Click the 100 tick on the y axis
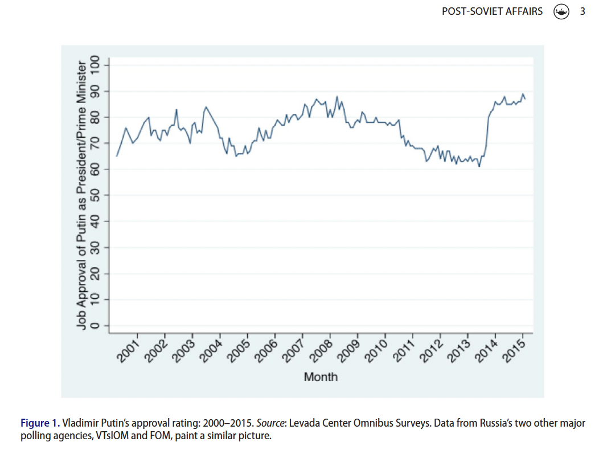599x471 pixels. pyautogui.click(x=95, y=65)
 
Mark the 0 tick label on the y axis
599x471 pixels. pyautogui.click(x=95, y=325)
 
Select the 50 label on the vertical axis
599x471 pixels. pyautogui.click(x=95, y=195)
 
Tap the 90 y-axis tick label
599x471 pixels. pyautogui.click(x=95, y=91)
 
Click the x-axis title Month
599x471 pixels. pyautogui.click(x=321, y=377)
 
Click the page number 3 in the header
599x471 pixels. pyautogui.click(x=582, y=11)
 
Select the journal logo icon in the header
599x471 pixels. pyautogui.click(x=561, y=11)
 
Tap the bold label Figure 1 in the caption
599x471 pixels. pyautogui.click(x=39, y=423)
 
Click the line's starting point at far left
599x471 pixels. pyautogui.click(x=117, y=156)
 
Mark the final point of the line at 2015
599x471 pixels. pyautogui.click(x=525, y=100)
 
